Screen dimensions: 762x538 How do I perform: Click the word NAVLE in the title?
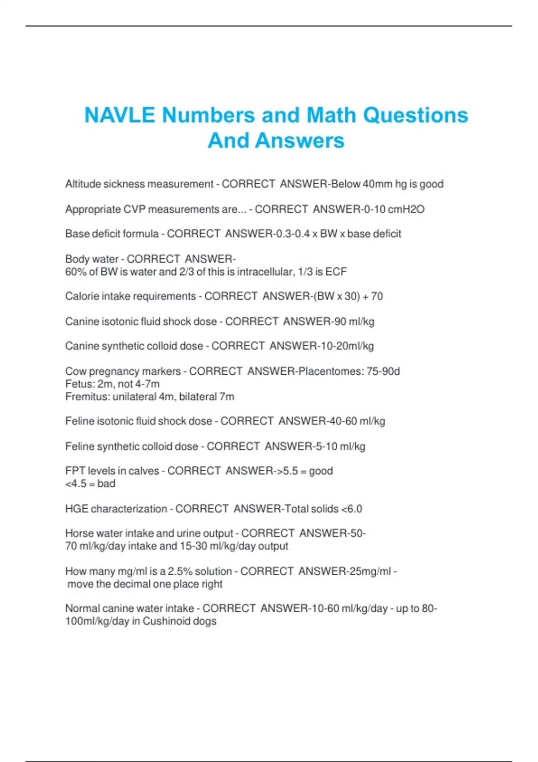[x=120, y=115]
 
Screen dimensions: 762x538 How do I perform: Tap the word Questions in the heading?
[x=415, y=115]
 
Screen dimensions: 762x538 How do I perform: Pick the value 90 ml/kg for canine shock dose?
[x=354, y=321]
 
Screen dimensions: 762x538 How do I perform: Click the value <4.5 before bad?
[x=76, y=484]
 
